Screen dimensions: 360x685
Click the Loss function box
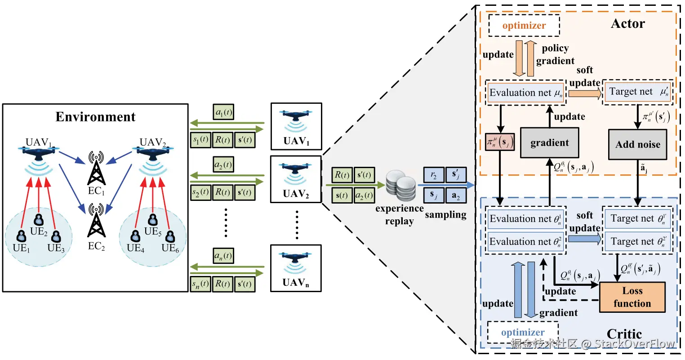click(x=632, y=297)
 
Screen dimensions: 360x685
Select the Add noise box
click(x=637, y=144)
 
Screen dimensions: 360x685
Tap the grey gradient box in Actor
click(x=549, y=143)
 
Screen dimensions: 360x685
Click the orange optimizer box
click(x=524, y=26)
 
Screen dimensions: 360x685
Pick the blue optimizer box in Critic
click(x=523, y=332)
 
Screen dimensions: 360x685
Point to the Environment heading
click(x=95, y=117)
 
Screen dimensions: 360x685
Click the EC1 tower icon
click(x=96, y=169)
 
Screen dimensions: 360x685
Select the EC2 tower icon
click(x=96, y=220)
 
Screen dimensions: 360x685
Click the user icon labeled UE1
click(x=21, y=236)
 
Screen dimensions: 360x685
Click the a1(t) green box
click(x=223, y=112)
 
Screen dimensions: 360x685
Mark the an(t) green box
click(x=223, y=256)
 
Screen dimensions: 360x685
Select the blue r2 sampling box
click(x=433, y=175)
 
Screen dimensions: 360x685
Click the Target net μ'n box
click(x=637, y=92)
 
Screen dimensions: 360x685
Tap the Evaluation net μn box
click(x=525, y=93)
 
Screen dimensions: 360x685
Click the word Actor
click(x=627, y=24)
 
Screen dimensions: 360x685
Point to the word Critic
click(x=624, y=334)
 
